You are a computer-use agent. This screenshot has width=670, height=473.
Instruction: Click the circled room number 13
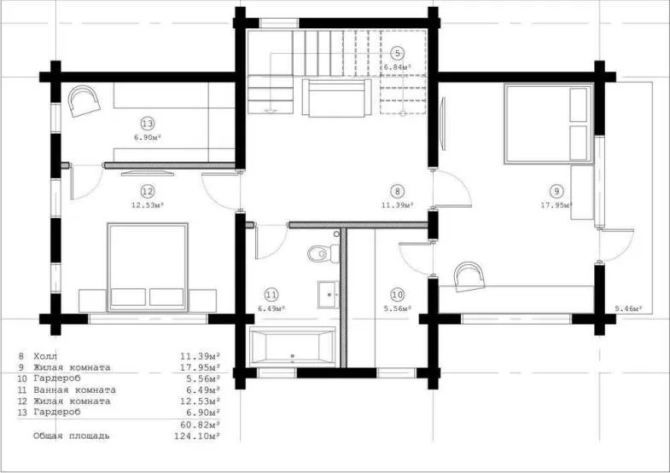click(x=148, y=124)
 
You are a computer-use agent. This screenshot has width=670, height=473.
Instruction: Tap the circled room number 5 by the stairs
click(x=398, y=54)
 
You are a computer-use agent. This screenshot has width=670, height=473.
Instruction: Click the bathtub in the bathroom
click(x=293, y=347)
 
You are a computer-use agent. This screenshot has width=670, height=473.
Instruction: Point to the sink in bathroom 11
click(x=328, y=294)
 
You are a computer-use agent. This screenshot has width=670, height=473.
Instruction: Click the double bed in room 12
click(x=148, y=267)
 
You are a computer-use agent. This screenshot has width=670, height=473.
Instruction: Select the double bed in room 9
click(x=548, y=124)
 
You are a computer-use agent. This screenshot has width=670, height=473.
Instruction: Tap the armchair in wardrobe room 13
click(x=84, y=101)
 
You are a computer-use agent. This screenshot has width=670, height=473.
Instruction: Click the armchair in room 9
click(x=469, y=276)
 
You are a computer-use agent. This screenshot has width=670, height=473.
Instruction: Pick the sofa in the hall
click(x=337, y=98)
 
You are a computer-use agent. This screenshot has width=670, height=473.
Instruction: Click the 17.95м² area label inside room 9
click(x=556, y=205)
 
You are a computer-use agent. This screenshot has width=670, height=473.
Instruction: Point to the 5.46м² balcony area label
click(x=629, y=308)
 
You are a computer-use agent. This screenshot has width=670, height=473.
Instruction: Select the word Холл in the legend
click(x=45, y=356)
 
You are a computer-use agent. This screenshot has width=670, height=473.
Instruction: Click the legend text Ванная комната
click(x=74, y=389)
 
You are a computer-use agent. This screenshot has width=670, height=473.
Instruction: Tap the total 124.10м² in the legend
click(x=197, y=436)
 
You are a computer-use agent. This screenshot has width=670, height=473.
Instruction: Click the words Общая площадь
click(x=72, y=436)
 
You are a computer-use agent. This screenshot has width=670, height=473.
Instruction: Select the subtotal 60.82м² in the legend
click(x=200, y=424)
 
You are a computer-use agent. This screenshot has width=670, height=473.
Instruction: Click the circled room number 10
click(x=398, y=295)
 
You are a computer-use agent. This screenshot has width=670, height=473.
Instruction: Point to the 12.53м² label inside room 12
click(x=148, y=205)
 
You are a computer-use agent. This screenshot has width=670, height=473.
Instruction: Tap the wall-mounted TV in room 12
click(x=148, y=173)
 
